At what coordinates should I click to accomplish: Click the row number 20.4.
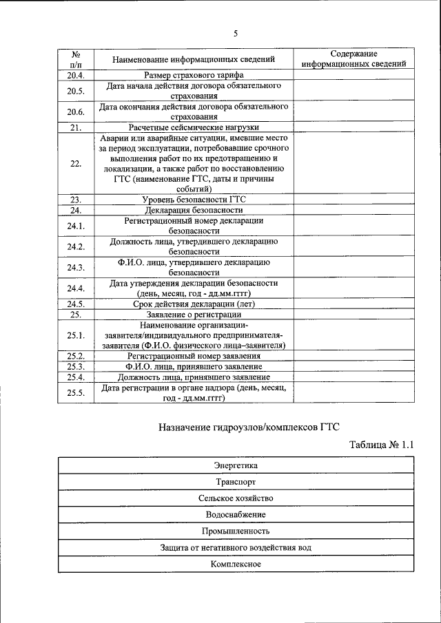(x=76, y=74)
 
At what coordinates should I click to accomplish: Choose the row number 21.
(x=76, y=127)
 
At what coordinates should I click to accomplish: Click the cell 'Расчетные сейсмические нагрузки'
(x=194, y=127)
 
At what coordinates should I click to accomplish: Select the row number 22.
(x=76, y=163)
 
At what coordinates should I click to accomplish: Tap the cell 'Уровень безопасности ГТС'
(x=194, y=200)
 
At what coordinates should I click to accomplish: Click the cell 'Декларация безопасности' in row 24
(x=194, y=210)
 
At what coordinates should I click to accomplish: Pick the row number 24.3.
(x=76, y=267)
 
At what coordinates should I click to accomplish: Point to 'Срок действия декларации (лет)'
(x=194, y=304)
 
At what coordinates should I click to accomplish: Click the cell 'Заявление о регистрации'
(x=194, y=314)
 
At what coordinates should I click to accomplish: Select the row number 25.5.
(x=76, y=392)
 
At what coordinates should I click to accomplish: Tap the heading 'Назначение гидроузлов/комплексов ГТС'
(x=249, y=427)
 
